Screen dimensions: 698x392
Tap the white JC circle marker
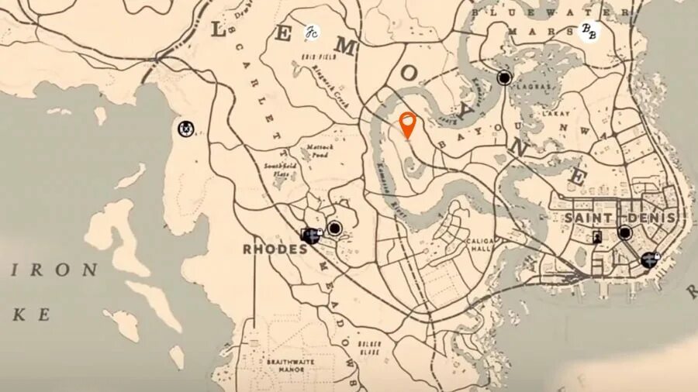[x=312, y=33]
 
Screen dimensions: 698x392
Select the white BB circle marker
[x=589, y=31]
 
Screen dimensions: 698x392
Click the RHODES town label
[x=275, y=249]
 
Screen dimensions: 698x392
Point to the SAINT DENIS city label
[x=620, y=218]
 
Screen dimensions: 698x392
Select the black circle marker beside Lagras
[x=505, y=77]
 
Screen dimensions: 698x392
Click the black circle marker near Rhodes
[x=334, y=229]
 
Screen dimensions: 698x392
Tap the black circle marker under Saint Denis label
[x=624, y=232]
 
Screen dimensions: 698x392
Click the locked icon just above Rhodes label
[x=312, y=235]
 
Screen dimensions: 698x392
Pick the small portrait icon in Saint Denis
[x=596, y=238]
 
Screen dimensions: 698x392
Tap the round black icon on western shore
[x=186, y=129]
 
